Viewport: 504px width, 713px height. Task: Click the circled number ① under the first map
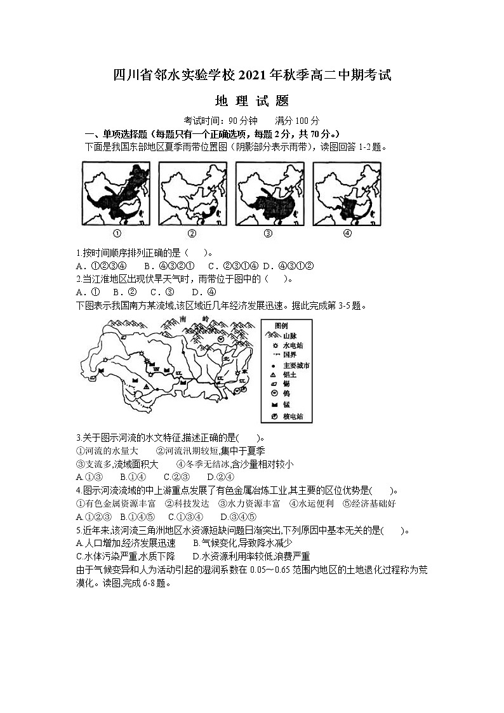click(116, 233)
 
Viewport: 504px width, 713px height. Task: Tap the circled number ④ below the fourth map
click(347, 233)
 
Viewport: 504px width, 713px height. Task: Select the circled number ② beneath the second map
click(192, 233)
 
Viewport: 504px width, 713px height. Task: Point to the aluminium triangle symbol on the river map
click(146, 385)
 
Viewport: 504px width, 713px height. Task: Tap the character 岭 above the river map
click(205, 318)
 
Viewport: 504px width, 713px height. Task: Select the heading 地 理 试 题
click(252, 101)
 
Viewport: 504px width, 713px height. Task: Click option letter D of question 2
click(195, 292)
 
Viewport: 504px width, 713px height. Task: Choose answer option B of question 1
click(147, 265)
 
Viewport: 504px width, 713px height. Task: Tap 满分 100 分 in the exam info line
click(298, 121)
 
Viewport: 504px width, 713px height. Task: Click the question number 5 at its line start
click(77, 530)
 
